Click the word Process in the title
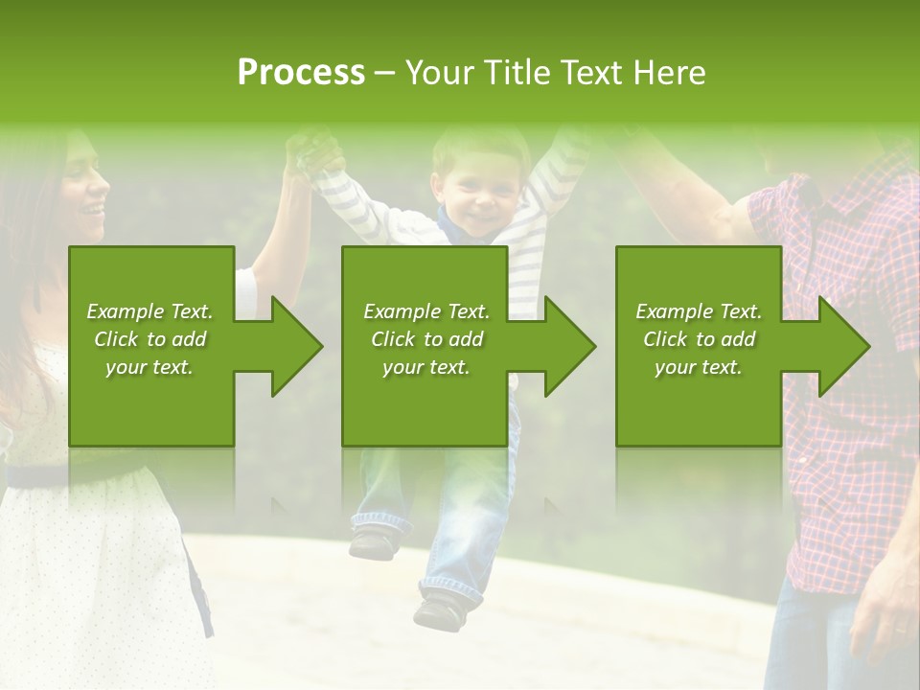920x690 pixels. pos(301,73)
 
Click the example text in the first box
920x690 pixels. pos(149,339)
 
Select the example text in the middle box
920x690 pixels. pos(425,339)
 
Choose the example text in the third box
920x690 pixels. pos(699,339)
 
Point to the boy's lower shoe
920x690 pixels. pos(440,608)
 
